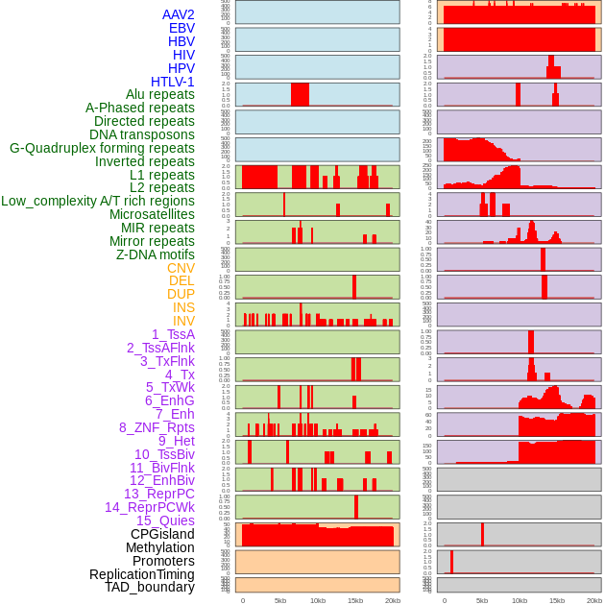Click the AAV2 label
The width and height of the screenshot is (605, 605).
point(179,14)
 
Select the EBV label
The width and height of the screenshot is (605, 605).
point(181,28)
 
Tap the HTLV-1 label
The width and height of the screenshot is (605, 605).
point(173,82)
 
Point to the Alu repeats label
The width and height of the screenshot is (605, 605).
point(160,94)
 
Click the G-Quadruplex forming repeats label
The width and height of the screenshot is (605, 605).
point(102,148)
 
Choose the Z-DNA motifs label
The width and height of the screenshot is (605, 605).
point(156,254)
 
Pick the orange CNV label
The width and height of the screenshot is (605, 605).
point(181,268)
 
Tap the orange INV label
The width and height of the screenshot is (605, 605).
point(183,321)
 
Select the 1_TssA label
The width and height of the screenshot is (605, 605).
point(173,334)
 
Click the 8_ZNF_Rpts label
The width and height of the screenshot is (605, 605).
point(157,427)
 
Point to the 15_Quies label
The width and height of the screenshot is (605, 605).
point(165,520)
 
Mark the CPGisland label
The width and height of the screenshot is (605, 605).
point(162,534)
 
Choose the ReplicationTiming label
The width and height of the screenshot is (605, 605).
point(142,574)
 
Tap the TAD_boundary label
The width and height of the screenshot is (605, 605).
point(150,587)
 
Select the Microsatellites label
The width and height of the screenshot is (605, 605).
point(152,214)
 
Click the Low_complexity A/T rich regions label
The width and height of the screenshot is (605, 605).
point(98,201)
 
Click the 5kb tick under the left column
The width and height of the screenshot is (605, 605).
point(280,600)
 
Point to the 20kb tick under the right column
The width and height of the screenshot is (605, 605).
point(594,600)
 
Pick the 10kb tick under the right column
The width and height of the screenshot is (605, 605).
point(520,600)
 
